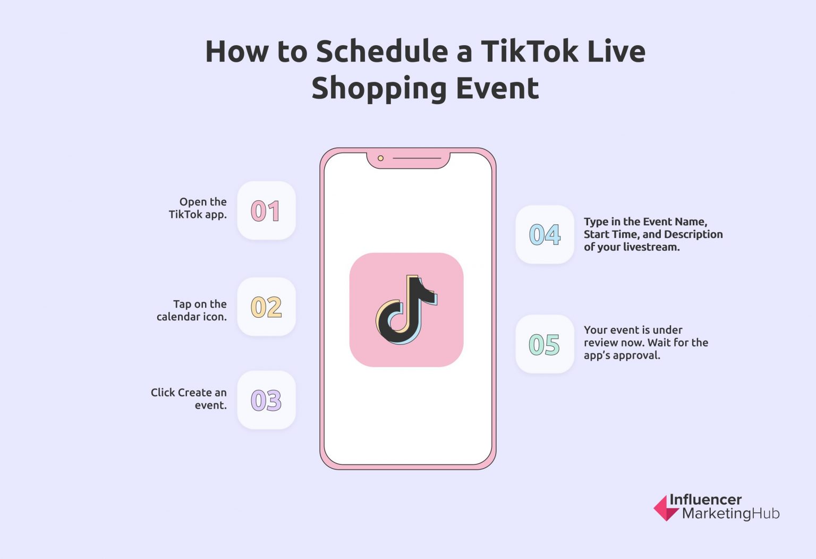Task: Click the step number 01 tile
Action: [x=266, y=210]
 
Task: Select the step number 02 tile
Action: [x=266, y=307]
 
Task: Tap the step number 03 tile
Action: [x=266, y=400]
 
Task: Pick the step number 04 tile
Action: [x=545, y=234]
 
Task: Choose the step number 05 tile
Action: [x=545, y=344]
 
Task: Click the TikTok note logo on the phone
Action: [x=406, y=309]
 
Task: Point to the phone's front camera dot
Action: [x=380, y=158]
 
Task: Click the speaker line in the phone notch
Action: [x=416, y=158]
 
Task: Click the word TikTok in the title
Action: [x=522, y=52]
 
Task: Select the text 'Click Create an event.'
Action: [x=189, y=399]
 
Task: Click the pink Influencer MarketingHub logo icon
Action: [x=666, y=508]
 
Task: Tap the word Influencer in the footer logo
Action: [x=705, y=499]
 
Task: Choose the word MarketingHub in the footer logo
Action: [x=730, y=514]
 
